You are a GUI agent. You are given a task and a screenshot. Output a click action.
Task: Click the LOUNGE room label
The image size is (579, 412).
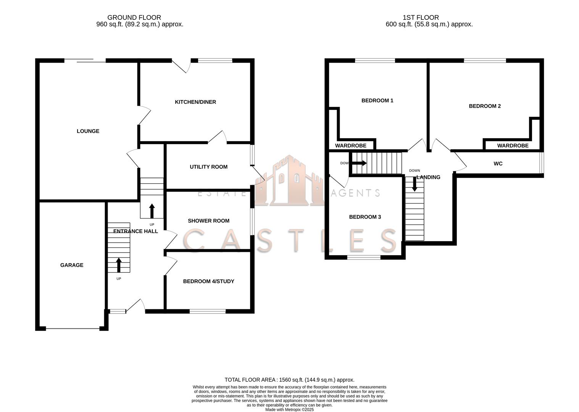(x=88, y=131)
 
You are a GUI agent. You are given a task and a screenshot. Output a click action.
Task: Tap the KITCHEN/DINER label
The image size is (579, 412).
(x=195, y=102)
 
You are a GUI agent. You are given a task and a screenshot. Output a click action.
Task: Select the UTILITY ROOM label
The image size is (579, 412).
(x=208, y=167)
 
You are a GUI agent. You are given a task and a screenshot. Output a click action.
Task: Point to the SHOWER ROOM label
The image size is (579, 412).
(x=208, y=220)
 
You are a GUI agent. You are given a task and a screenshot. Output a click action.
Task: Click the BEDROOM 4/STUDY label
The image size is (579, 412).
(x=208, y=281)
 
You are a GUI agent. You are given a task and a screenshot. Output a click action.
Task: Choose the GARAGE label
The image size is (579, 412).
(x=72, y=265)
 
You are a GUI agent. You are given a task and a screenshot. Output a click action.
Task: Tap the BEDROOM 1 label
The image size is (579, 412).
(x=377, y=100)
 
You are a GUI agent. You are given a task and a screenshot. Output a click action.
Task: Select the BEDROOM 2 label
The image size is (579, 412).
(x=485, y=106)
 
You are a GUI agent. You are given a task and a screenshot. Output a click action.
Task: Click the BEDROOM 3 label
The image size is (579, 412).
(x=365, y=217)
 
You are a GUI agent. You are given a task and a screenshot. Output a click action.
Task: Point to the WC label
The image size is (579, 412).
(x=498, y=164)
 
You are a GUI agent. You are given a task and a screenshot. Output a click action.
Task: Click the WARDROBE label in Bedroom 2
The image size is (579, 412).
(x=513, y=145)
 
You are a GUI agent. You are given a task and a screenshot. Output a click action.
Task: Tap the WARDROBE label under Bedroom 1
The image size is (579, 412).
(x=350, y=145)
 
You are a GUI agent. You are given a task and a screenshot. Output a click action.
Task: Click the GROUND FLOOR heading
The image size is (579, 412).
(x=134, y=18)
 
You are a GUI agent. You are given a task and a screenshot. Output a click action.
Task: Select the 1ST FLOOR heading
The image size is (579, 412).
(x=421, y=18)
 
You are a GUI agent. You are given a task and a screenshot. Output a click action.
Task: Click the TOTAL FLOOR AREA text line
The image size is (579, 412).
(x=289, y=380)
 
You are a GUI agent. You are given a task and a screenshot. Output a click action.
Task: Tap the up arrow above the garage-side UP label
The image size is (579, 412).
(x=119, y=265)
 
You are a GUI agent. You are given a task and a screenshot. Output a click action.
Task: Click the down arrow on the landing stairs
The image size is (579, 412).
(x=414, y=184)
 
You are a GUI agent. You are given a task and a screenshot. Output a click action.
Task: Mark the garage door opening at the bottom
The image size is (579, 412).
(x=73, y=328)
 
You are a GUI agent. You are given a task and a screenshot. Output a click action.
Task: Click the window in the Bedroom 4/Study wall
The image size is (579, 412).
(x=208, y=311)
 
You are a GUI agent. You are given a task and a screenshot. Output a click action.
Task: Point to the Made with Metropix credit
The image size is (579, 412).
(x=289, y=409)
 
